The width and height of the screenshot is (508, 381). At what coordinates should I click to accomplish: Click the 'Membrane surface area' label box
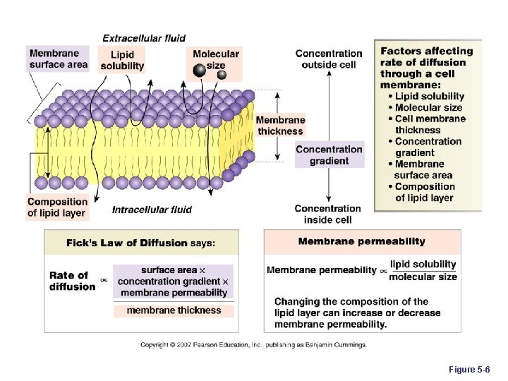[59, 59]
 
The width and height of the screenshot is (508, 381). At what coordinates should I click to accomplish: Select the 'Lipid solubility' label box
[122, 60]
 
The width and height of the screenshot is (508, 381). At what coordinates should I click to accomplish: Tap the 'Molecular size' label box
[216, 59]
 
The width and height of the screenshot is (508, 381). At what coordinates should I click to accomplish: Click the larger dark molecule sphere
[200, 70]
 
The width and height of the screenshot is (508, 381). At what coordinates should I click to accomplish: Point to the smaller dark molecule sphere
[222, 75]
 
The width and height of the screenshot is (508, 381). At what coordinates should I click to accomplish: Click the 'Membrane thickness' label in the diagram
[280, 126]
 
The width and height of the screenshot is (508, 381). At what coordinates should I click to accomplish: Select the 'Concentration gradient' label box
[329, 155]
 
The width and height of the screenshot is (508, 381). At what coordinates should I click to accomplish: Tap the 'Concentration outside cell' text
[329, 59]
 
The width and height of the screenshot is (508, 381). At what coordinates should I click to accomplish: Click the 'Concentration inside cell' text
[328, 214]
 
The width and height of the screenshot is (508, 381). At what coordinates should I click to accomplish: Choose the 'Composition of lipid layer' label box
[57, 207]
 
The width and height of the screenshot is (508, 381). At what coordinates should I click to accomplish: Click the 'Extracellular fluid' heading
[144, 38]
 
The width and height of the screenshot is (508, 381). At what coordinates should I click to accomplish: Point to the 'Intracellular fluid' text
[152, 210]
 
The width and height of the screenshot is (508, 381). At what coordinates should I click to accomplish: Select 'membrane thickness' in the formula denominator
[174, 310]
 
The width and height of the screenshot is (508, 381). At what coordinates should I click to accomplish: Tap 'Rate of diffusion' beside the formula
[72, 281]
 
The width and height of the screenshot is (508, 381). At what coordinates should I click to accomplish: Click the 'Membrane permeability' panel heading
[361, 241]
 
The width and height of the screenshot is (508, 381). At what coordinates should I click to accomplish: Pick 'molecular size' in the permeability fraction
[423, 277]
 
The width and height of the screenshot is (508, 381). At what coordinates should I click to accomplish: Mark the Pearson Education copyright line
[253, 345]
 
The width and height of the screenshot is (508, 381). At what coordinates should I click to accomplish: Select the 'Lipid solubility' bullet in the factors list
[429, 96]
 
